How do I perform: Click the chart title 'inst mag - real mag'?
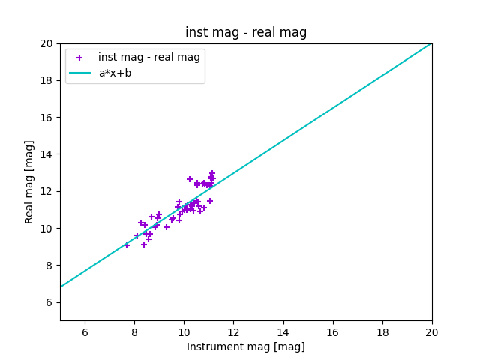246,32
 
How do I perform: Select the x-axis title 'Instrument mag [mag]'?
246,346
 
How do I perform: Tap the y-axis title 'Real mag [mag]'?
29,181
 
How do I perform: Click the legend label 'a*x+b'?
115,73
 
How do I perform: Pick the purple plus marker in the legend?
79,58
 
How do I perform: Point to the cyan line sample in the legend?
79,73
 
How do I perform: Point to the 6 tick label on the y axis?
49,302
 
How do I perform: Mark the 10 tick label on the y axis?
46,229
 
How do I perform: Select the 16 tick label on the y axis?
46,118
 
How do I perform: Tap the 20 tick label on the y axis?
46,43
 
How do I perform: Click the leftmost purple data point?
127,245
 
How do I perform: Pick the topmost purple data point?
212,173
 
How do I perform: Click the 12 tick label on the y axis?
46,191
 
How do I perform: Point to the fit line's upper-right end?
431,43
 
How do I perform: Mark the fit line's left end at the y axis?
61,286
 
